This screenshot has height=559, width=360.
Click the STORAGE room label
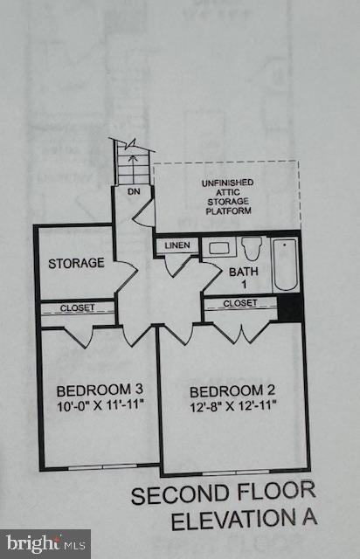point(76,263)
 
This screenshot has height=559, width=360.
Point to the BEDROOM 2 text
point(226,390)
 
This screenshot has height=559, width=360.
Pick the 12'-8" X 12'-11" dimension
point(226,405)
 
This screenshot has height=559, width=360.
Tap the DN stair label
point(134,190)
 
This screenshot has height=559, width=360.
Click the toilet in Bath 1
point(252,249)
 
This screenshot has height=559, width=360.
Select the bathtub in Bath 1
point(285,266)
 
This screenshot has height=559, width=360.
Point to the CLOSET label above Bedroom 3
point(79,307)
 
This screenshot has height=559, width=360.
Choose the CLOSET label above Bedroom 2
point(240,303)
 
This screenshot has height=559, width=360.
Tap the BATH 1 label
point(244,278)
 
